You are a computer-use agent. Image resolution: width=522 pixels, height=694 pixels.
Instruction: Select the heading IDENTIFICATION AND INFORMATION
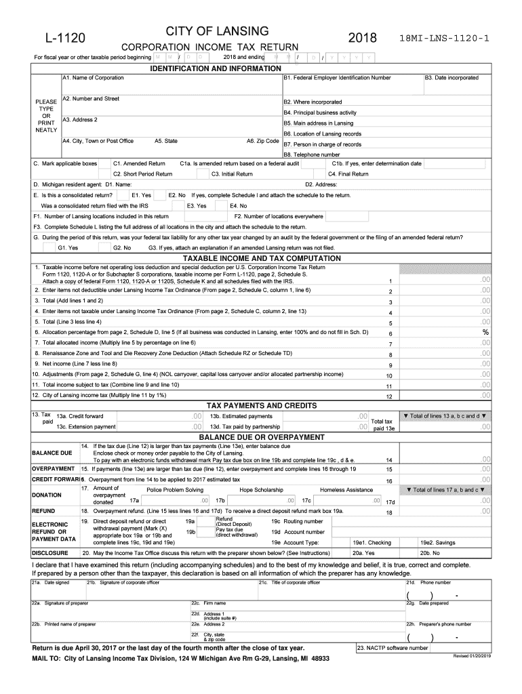(215, 69)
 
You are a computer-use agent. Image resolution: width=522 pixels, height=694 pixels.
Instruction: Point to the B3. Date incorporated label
(451, 78)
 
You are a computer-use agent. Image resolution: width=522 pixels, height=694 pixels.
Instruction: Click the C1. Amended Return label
(139, 163)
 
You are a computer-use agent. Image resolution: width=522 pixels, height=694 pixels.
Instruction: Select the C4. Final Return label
(348, 174)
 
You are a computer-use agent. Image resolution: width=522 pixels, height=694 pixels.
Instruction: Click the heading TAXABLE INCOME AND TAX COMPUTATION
(261, 258)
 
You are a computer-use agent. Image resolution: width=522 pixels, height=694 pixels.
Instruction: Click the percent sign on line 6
(485, 333)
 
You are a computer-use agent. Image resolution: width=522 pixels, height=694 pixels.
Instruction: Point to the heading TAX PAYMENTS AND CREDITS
(261, 405)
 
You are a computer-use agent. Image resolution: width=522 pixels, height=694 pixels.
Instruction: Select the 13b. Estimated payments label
(241, 416)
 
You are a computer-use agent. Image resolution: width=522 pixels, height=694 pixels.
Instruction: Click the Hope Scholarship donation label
(261, 489)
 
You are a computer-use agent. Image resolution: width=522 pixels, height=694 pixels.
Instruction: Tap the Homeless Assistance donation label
(346, 489)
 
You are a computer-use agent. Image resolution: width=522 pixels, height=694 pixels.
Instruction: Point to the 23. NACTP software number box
(393, 647)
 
